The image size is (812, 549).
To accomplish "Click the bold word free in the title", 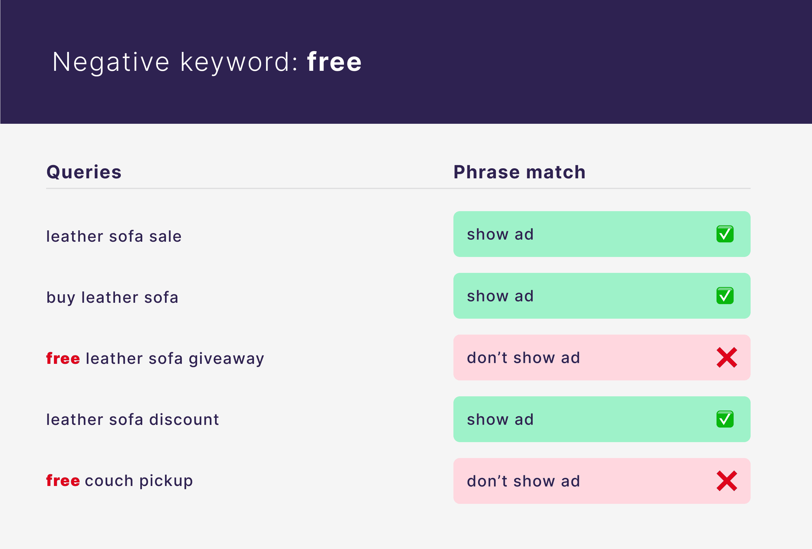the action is click(334, 61).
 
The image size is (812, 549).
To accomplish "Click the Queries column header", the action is click(84, 172).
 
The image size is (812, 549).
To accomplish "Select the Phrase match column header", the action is click(519, 172).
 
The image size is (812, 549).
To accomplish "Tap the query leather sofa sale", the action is click(114, 236).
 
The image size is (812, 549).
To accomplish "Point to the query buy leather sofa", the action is click(112, 298).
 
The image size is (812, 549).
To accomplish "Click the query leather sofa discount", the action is click(133, 419).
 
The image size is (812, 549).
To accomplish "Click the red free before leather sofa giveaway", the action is click(63, 358).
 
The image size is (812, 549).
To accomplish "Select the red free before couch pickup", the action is click(63, 480).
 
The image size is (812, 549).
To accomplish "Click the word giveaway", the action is click(226, 359).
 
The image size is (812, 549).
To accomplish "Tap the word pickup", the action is click(166, 481).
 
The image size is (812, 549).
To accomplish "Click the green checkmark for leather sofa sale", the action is click(725, 234).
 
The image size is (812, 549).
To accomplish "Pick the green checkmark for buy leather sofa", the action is click(725, 296).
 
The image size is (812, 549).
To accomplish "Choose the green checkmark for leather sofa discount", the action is click(725, 419).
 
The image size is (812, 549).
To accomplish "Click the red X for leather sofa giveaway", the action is click(727, 357).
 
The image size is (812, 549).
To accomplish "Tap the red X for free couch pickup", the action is click(727, 481).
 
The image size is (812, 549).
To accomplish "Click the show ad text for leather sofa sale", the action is click(500, 234).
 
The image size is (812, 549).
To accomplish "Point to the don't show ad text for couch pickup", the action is click(523, 481).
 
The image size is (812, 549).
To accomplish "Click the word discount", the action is click(184, 419).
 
